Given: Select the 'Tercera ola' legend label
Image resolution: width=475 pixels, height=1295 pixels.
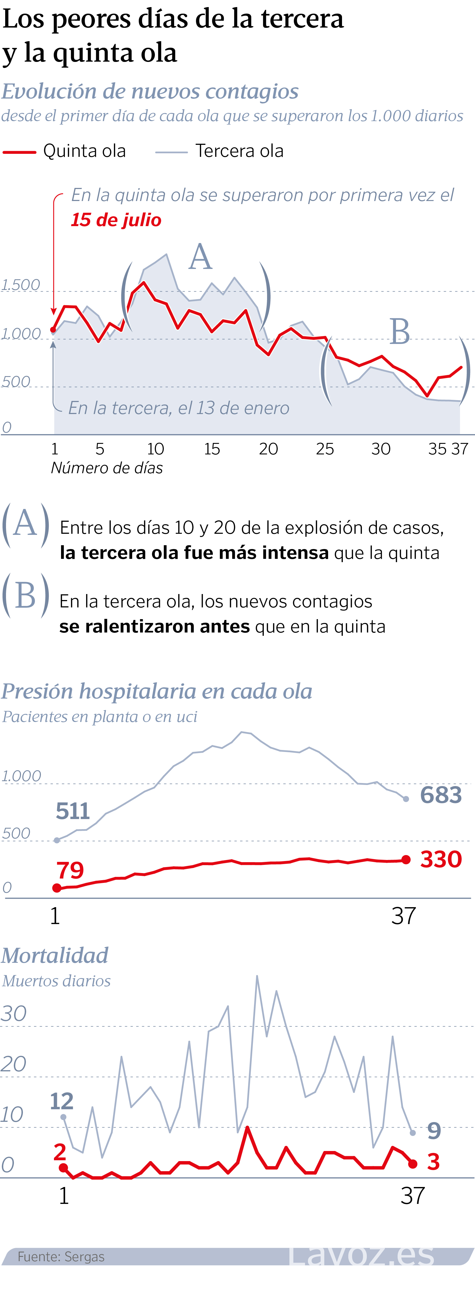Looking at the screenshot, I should (240, 151).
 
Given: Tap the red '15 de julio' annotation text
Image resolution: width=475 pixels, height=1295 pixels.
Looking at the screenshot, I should (116, 220).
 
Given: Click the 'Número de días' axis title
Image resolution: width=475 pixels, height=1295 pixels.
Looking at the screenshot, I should (107, 468).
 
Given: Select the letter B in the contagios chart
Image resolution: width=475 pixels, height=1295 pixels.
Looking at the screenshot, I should (400, 332).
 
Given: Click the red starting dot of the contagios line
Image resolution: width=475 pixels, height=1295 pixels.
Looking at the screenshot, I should (53, 330).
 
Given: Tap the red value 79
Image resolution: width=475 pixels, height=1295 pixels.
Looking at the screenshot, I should (70, 871).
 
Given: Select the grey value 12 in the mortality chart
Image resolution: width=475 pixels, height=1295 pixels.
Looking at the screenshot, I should (62, 1101).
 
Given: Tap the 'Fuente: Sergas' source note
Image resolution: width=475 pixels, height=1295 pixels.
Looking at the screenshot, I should (61, 1256).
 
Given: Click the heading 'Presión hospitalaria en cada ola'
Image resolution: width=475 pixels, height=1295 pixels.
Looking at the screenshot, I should (157, 691).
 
